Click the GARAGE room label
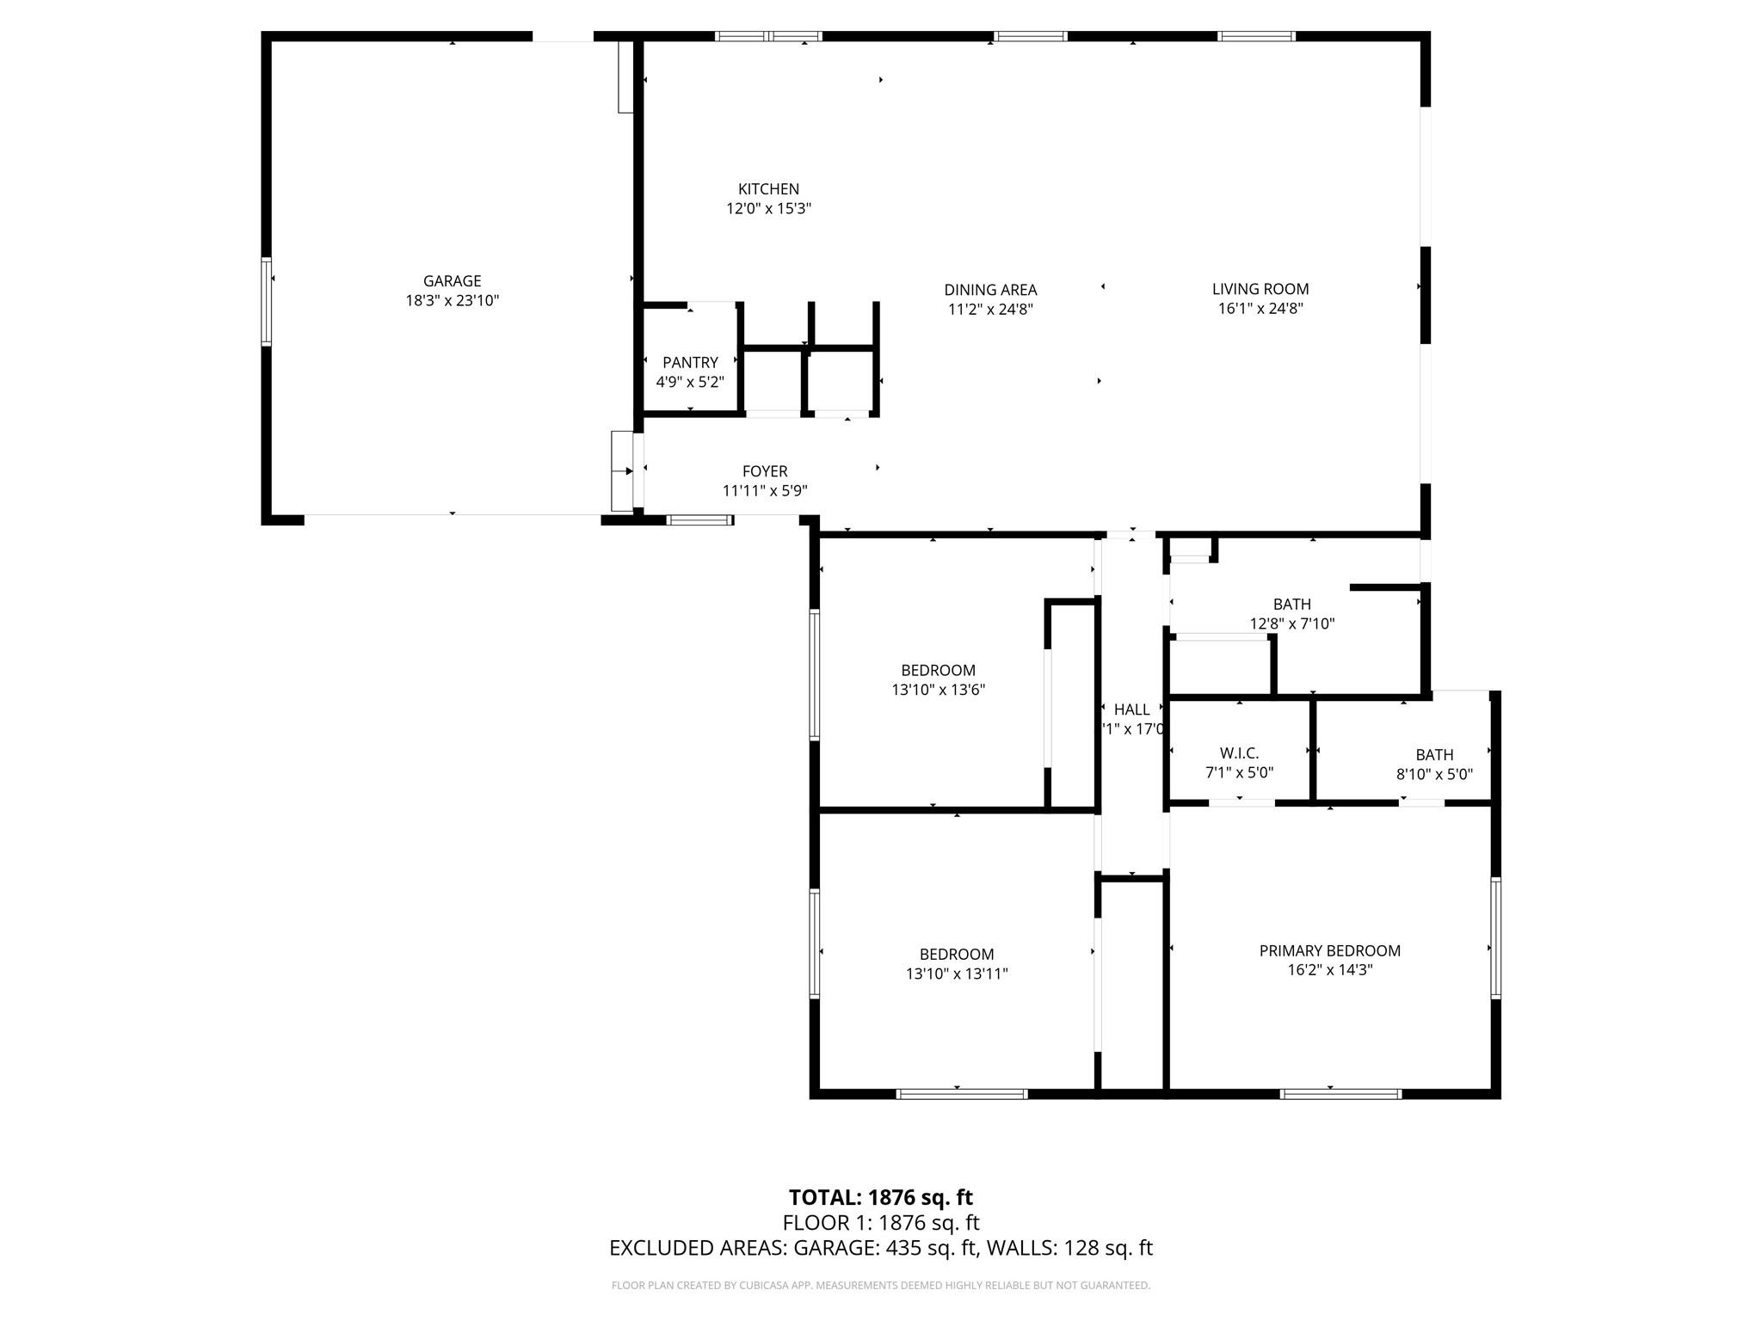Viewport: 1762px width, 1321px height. point(452,281)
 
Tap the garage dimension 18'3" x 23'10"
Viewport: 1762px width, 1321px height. point(452,301)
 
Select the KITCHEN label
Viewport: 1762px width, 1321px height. point(768,189)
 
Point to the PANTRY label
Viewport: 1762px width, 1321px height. point(690,363)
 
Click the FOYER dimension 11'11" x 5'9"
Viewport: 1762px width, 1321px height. point(764,491)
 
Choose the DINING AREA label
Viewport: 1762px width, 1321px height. point(990,291)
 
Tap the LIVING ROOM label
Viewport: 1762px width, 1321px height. point(1260,290)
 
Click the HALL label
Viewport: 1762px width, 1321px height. point(1131,710)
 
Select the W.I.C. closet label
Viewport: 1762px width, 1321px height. point(1239,753)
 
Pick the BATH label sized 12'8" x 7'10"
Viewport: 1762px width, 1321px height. point(1291,605)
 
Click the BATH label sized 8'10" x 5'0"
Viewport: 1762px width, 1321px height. point(1434,755)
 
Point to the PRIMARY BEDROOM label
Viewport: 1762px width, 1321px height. point(1329,950)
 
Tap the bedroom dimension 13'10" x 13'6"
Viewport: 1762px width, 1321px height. point(938,690)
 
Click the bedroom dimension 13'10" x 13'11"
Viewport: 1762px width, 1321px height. point(957,974)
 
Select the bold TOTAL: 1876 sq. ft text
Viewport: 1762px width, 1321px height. point(880,1197)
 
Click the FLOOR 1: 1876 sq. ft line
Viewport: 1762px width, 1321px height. point(880,1222)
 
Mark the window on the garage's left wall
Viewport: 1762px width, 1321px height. point(267,301)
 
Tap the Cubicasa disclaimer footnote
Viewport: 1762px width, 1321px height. point(880,1286)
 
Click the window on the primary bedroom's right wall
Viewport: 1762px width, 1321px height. point(1495,937)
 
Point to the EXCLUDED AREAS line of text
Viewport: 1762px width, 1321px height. point(880,1248)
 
